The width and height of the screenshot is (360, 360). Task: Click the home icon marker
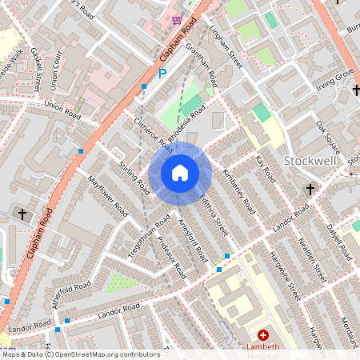tap(180, 173)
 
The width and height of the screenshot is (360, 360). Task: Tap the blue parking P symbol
tap(162, 74)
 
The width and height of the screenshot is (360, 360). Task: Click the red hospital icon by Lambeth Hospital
tap(262, 335)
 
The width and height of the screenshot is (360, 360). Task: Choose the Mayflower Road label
tap(108, 196)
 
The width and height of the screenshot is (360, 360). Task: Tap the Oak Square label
tap(328, 138)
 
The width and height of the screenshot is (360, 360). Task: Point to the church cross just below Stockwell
tap(310, 190)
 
